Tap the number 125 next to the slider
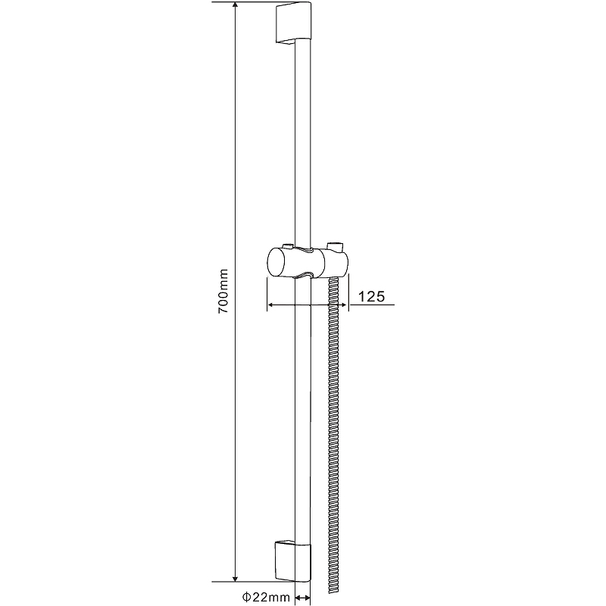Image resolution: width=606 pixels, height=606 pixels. pos(372,296)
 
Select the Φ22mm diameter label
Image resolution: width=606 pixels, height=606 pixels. pos(267,597)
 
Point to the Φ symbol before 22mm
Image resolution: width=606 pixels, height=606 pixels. pos(248,597)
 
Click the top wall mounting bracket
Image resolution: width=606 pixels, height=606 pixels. pos(293,23)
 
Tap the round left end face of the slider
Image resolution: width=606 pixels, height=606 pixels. pos(275,263)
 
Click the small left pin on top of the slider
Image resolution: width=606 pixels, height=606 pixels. pos(287,245)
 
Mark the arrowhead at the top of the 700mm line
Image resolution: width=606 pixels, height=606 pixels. pos(235,6)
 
